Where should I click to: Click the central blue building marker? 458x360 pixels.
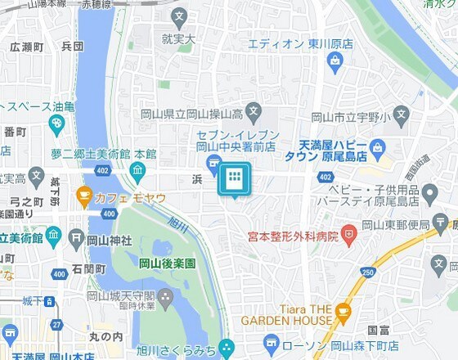[x=233, y=179]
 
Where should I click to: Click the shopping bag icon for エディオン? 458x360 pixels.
[x=335, y=60]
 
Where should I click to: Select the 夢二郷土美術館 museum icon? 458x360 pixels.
[x=137, y=170]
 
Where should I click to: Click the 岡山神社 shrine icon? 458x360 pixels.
[x=75, y=239]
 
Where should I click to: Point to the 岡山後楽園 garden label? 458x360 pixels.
[x=167, y=264]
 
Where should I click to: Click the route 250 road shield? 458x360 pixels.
[x=368, y=272]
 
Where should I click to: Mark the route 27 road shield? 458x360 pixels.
[x=56, y=325]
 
